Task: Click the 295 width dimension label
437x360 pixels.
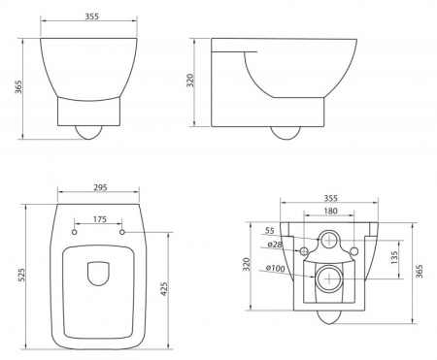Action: point(100,187)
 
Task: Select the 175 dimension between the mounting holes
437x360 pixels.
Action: point(100,219)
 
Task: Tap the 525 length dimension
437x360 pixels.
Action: point(20,275)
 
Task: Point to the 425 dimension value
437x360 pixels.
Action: point(164,289)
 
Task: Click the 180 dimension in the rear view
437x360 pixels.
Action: point(330,211)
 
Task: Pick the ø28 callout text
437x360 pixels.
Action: point(275,245)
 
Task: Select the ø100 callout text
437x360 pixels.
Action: point(275,268)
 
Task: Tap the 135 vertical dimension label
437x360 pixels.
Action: point(394,258)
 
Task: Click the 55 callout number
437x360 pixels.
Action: point(270,231)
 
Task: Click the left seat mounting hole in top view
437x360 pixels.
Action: point(75,232)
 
